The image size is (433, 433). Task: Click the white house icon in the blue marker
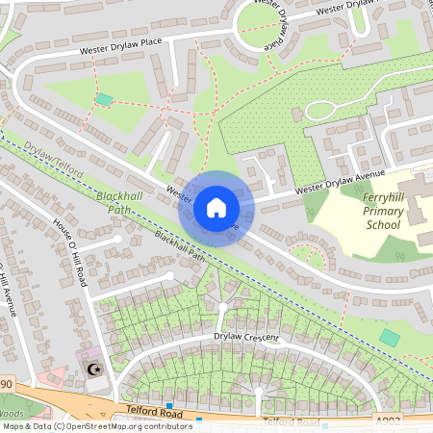[x=216, y=208]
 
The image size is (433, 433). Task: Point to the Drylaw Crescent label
[x=246, y=338]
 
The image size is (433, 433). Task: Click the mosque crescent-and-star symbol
[x=93, y=369]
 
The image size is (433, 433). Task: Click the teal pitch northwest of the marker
[x=104, y=99]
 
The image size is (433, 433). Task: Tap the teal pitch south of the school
[x=389, y=338]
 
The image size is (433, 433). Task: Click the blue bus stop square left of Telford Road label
[x=169, y=406]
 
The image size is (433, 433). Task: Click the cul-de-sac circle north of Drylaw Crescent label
[x=222, y=308]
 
